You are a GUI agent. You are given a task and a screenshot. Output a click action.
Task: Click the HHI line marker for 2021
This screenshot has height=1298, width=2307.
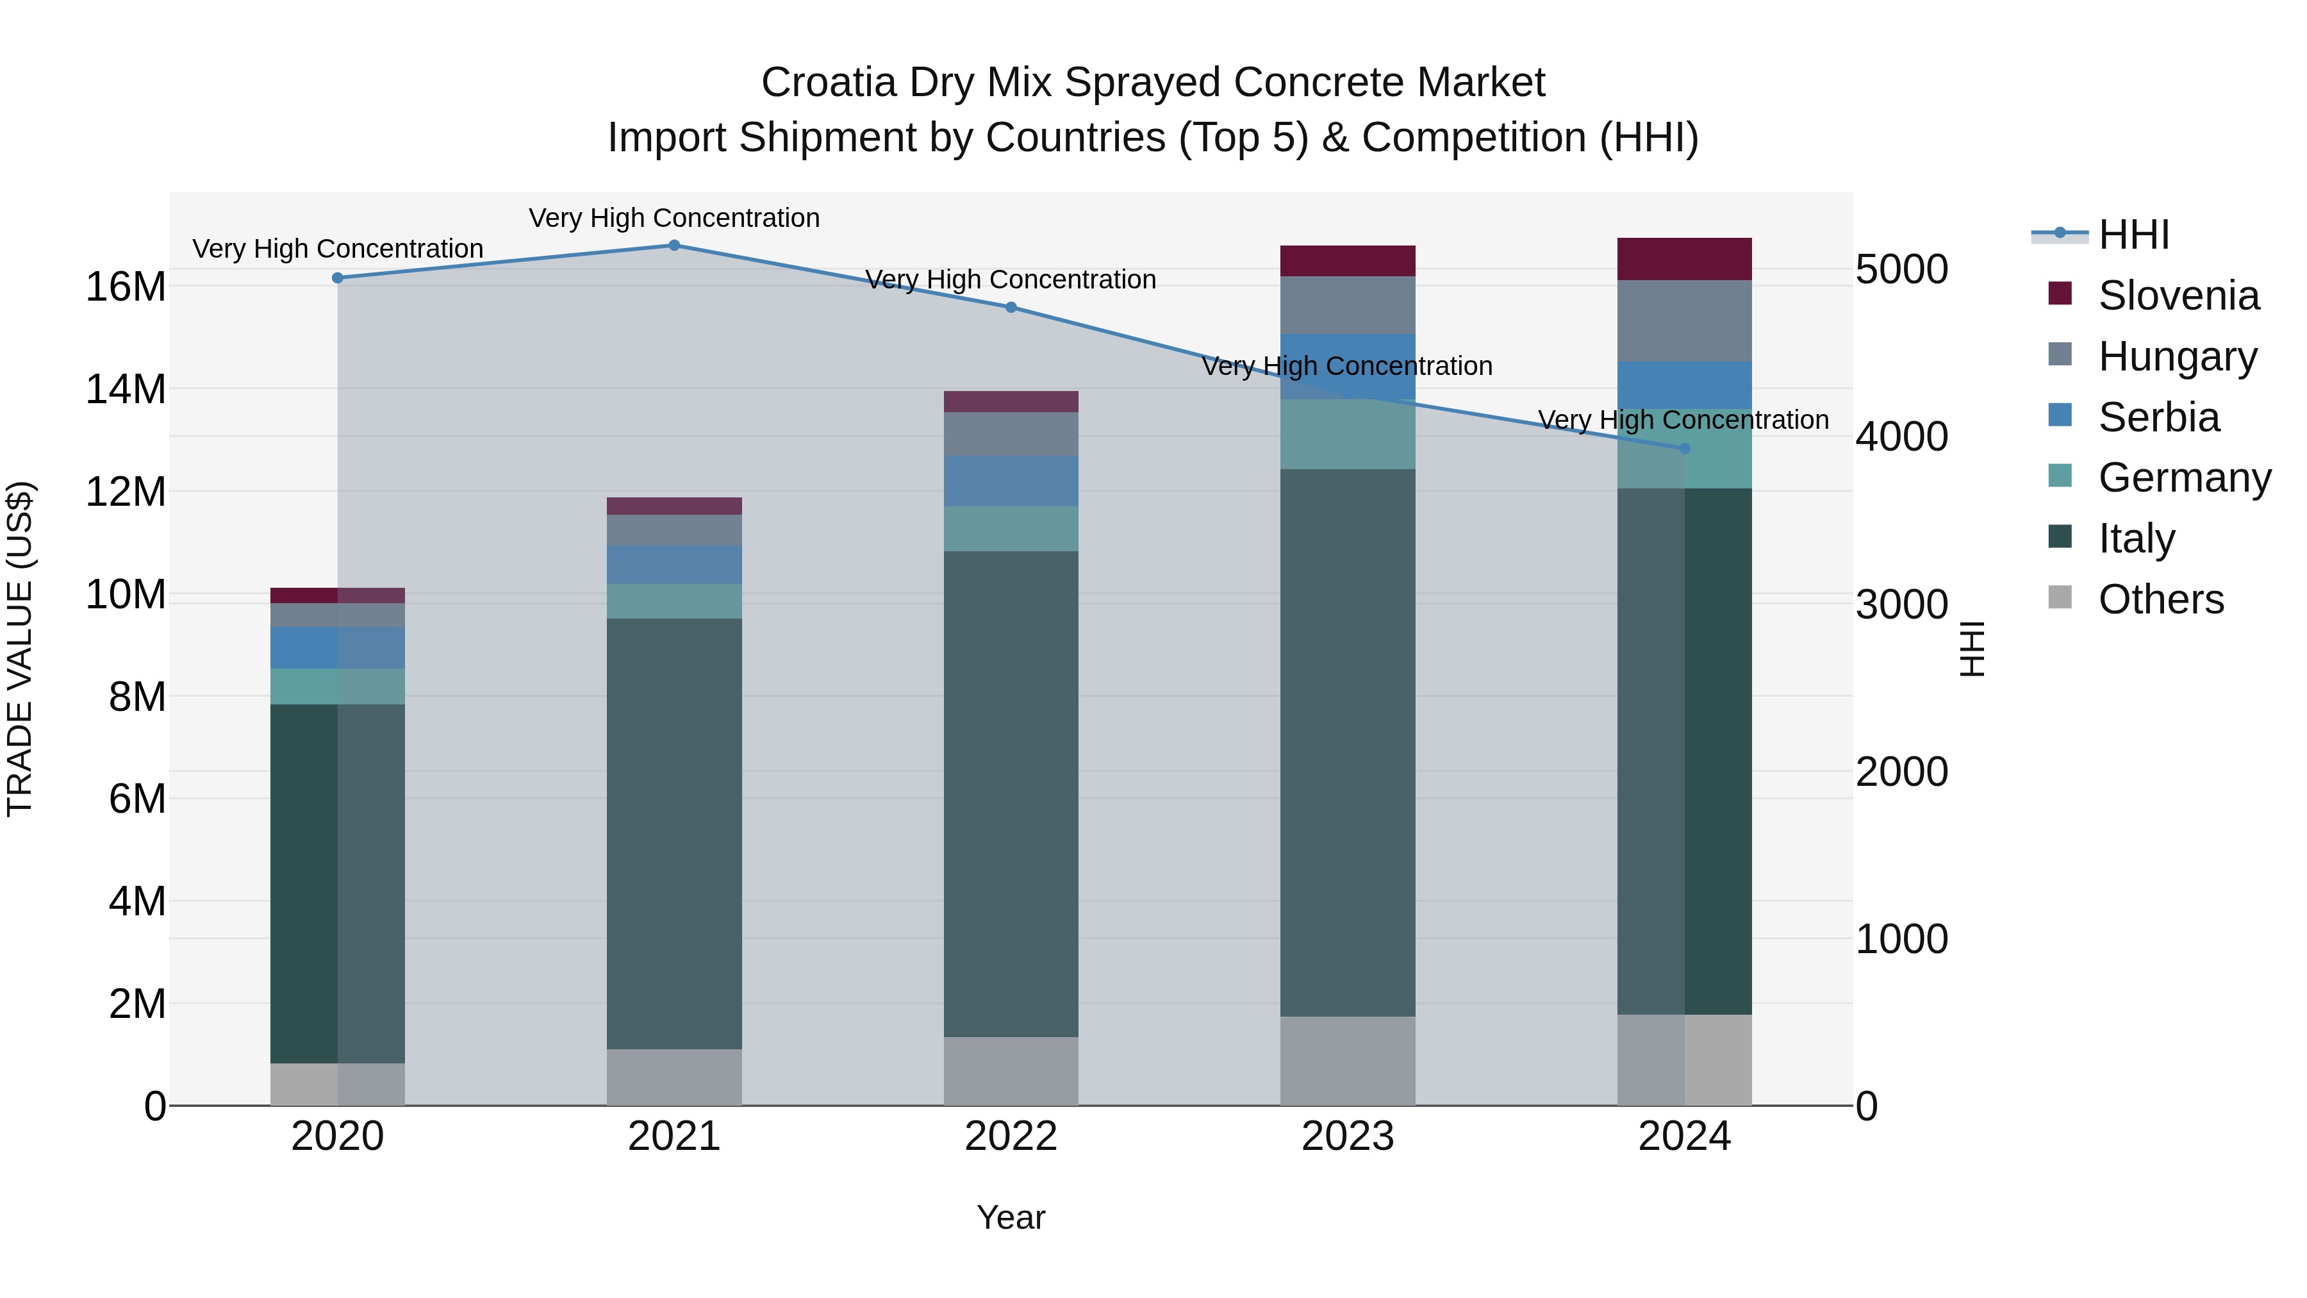coord(674,245)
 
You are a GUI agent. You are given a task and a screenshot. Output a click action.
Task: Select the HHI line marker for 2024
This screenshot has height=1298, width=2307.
coord(1683,448)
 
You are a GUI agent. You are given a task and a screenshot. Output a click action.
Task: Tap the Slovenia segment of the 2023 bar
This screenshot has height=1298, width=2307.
coord(1347,261)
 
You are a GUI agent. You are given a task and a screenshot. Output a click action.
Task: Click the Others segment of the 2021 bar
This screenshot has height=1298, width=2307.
coord(674,1077)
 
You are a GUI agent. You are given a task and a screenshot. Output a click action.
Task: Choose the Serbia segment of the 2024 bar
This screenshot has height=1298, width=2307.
coord(1683,385)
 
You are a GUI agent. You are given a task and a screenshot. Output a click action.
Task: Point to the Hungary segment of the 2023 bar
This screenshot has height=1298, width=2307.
coord(1347,304)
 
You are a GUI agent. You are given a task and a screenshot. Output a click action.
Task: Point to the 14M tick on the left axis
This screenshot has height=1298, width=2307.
coord(126,390)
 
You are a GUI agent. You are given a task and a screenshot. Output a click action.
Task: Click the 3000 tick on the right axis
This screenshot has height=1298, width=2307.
coord(1901,604)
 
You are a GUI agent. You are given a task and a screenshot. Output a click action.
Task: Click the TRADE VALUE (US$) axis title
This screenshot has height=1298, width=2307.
coord(20,649)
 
